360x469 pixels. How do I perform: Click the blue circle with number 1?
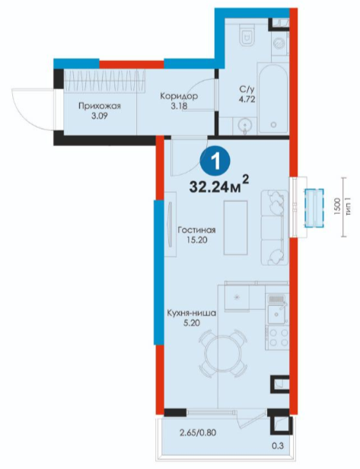215,162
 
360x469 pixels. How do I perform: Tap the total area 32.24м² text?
219,185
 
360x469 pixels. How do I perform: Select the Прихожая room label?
100,106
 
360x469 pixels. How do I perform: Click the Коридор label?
179,96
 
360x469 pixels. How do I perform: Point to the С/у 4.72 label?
247,94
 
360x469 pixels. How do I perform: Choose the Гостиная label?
196,230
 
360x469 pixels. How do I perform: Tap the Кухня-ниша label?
191,313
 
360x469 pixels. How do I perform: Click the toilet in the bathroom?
247,34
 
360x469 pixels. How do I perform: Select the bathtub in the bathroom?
272,98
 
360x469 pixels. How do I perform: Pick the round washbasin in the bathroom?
245,126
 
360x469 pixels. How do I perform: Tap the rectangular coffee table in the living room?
236,228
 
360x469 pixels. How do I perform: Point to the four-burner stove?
278,337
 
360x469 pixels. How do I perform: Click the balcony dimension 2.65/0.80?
197,432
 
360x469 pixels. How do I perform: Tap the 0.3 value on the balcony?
278,446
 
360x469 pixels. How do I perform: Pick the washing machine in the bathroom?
279,43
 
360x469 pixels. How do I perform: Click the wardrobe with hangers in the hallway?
104,81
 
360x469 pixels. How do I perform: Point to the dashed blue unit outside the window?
314,208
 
